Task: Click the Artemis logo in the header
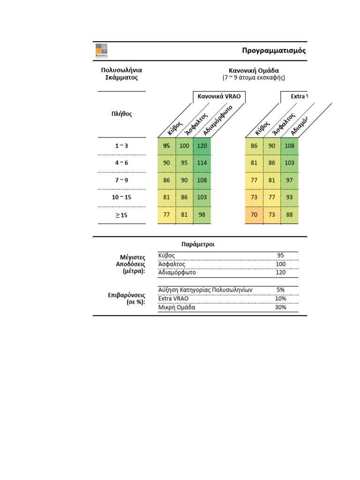pyautogui.click(x=101, y=50)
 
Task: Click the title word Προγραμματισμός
pyautogui.click(x=274, y=51)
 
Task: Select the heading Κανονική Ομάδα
pyautogui.click(x=254, y=70)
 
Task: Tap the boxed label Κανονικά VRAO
pyautogui.click(x=219, y=97)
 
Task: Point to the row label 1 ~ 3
pyautogui.click(x=121, y=146)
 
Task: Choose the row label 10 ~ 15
pyautogui.click(x=121, y=197)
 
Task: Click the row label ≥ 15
pyautogui.click(x=121, y=215)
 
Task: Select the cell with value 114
pyautogui.click(x=202, y=163)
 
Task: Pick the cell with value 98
pyautogui.click(x=202, y=215)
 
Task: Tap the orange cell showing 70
pyautogui.click(x=254, y=215)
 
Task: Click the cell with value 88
pyautogui.click(x=289, y=215)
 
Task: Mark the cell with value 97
pyautogui.click(x=289, y=180)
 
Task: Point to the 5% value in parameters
pyautogui.click(x=280, y=290)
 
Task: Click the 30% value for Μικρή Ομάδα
pyautogui.click(x=280, y=307)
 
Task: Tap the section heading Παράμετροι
pyautogui.click(x=198, y=244)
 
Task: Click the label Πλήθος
pyautogui.click(x=121, y=114)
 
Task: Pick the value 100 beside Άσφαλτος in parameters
pyautogui.click(x=280, y=264)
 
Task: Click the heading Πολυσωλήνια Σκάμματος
pyautogui.click(x=121, y=74)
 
